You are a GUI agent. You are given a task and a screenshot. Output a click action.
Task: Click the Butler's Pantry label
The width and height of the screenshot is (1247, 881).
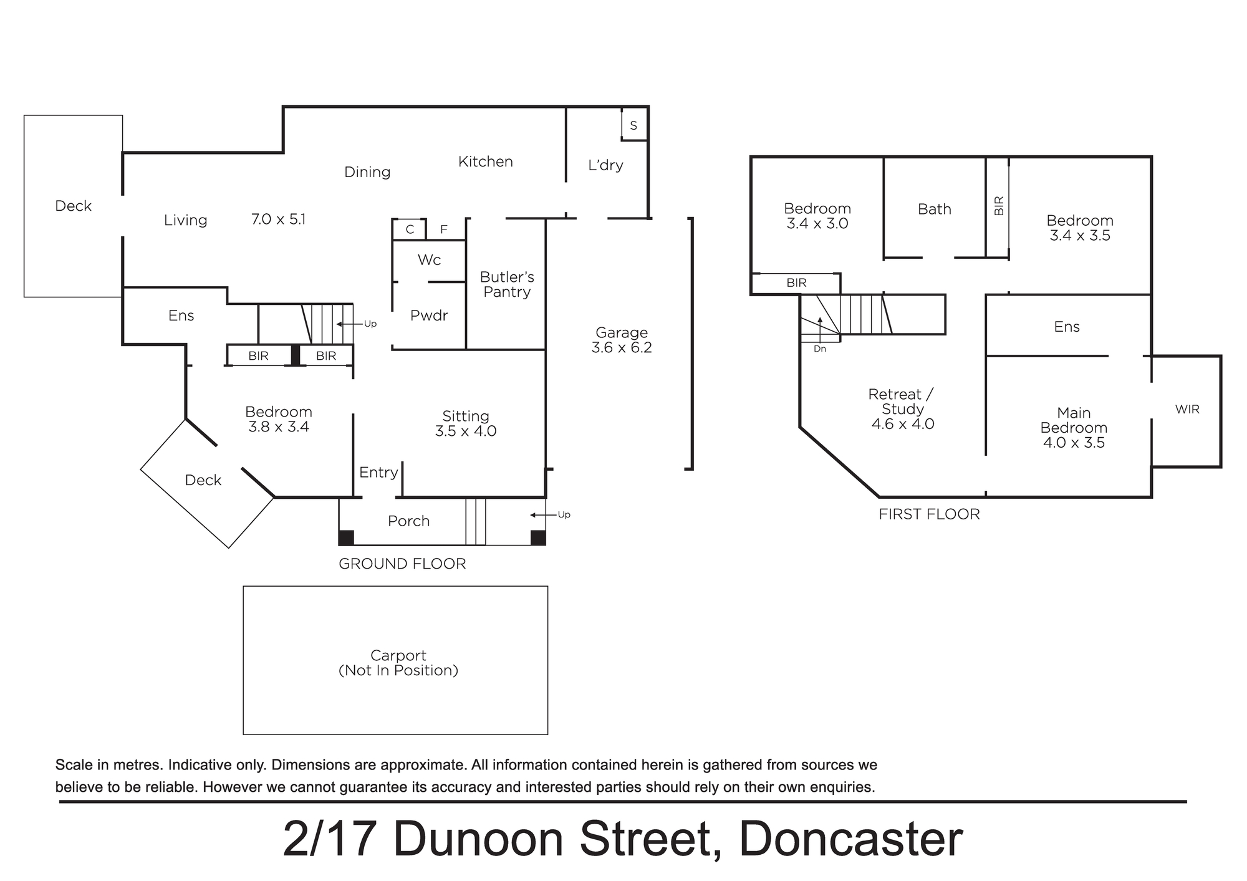tap(507, 284)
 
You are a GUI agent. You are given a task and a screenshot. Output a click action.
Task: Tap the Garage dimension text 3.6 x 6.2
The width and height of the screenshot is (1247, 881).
tap(622, 348)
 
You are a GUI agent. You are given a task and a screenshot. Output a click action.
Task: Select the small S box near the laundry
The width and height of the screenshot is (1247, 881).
tap(634, 125)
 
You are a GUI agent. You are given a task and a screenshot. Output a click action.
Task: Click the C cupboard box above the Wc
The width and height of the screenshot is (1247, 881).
tap(410, 229)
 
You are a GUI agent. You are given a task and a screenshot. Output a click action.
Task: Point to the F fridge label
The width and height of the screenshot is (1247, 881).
tap(444, 229)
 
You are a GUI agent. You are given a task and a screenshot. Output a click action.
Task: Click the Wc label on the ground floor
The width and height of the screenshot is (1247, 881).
tap(429, 260)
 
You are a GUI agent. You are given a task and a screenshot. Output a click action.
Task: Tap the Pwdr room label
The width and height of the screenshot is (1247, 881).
tap(429, 315)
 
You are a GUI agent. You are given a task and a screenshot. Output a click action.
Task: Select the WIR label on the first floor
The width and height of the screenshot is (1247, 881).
tap(1187, 410)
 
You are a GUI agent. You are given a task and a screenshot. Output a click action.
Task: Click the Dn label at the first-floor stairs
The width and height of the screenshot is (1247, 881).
tap(820, 349)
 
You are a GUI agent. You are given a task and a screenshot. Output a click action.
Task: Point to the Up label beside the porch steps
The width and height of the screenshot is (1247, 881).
tap(564, 515)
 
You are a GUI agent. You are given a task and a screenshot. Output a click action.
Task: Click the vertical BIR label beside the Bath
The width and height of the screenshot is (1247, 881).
tap(999, 206)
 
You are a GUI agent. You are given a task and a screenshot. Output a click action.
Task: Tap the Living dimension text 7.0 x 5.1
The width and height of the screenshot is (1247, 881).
tap(278, 219)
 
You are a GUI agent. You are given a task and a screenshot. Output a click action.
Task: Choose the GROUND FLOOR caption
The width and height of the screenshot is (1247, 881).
tap(402, 564)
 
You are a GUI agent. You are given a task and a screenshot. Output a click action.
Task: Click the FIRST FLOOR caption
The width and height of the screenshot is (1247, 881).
tap(929, 514)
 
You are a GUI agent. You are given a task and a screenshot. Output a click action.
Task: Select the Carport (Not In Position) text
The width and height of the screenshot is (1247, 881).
tap(398, 663)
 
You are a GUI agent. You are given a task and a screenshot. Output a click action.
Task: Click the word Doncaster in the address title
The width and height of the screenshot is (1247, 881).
tap(850, 839)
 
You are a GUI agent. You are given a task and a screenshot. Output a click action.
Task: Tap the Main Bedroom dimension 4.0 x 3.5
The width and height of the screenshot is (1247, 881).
tap(1074, 443)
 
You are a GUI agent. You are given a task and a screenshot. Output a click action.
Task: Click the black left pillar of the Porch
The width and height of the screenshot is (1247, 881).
tap(346, 537)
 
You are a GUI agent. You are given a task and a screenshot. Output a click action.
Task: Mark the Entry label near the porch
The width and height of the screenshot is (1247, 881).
tap(378, 473)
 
